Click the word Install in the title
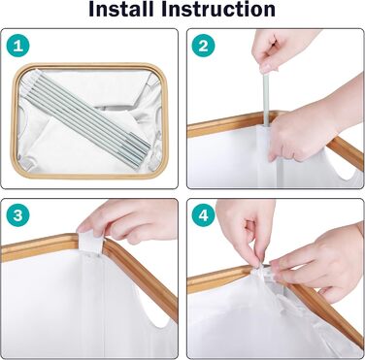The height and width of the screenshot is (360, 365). tap(121, 9)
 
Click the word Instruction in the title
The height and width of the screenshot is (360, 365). tap(218, 9)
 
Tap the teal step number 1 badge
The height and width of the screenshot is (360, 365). tap(17, 46)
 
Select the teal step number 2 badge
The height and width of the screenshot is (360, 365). tap(204, 46)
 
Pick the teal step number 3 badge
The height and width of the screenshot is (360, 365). tap(17, 215)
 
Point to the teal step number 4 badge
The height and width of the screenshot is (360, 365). tap(204, 215)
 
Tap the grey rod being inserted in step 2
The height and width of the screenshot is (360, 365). tap(265, 100)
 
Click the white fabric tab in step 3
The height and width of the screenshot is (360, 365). tap(90, 244)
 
